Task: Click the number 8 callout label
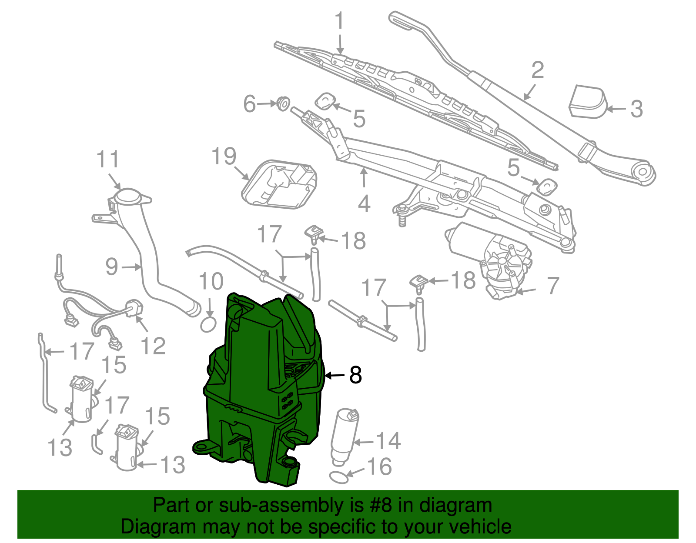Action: tap(355, 375)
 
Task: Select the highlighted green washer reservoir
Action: tap(261, 391)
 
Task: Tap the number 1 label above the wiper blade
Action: tap(340, 21)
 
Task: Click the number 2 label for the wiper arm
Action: tap(538, 70)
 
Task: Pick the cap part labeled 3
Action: tap(587, 102)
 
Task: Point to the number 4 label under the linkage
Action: tap(364, 203)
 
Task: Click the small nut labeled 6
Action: tap(283, 103)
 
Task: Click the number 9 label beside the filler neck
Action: tap(112, 267)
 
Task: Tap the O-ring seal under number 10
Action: tap(208, 324)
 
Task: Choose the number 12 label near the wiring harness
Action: tap(153, 346)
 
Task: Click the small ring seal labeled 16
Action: tap(339, 477)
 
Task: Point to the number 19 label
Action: tap(224, 157)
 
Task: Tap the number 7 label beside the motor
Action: tap(552, 286)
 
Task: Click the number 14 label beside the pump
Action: tap(388, 441)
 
